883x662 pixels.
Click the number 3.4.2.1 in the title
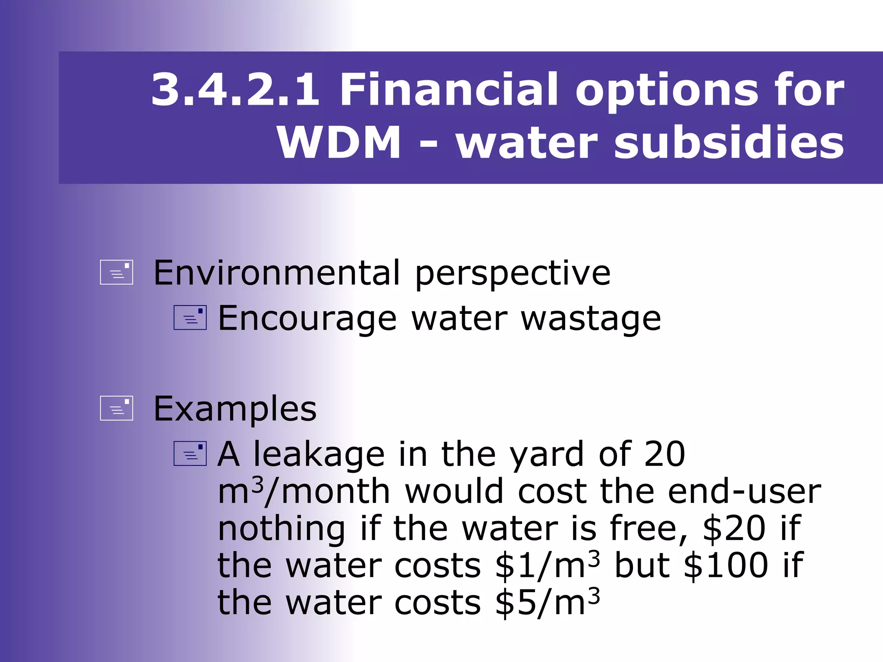tap(235, 90)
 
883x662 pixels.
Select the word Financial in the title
tap(448, 90)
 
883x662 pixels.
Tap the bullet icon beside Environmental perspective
tap(116, 272)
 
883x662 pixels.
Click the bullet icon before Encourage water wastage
tap(190, 318)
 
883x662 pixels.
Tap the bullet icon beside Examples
tap(116, 408)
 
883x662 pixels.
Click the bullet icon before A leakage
tap(190, 454)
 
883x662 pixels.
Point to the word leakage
tap(319, 455)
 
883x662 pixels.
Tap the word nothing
tap(281, 529)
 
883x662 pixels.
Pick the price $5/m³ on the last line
tap(547, 602)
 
